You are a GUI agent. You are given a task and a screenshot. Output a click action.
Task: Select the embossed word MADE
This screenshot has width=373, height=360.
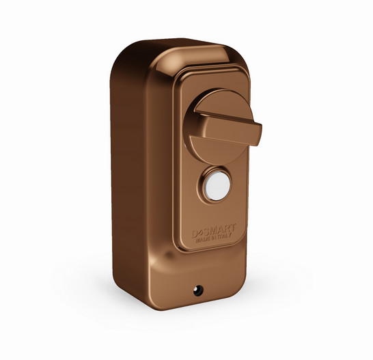[202, 240]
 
